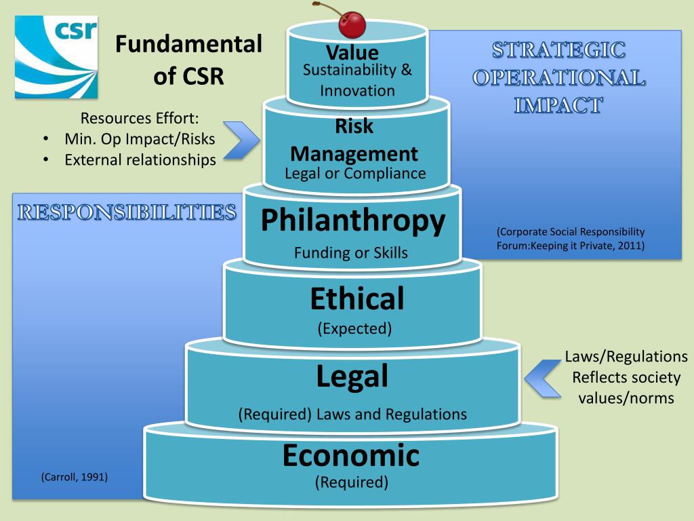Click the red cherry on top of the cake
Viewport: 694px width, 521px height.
point(352,24)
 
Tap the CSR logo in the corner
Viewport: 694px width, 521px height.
point(56,57)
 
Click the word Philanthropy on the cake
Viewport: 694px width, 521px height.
point(353,220)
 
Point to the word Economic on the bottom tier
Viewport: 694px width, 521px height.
point(351,455)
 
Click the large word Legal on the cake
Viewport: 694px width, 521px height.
point(352,377)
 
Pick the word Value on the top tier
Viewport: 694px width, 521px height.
point(352,52)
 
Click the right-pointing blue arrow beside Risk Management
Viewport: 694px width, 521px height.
point(241,140)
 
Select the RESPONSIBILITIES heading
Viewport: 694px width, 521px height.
point(127,212)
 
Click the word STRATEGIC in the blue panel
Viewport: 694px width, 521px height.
point(558,50)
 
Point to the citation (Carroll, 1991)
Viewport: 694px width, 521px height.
point(75,477)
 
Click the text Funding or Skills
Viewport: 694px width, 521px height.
point(351,253)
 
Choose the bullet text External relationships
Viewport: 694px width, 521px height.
point(140,160)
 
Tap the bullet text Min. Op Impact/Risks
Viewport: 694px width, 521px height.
point(140,139)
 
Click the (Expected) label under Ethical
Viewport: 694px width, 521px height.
point(354,329)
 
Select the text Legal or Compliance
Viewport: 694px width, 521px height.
point(355,173)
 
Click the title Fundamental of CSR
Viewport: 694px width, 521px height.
point(188,60)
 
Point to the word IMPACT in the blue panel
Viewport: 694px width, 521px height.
point(558,105)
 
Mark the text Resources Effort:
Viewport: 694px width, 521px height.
point(140,118)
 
